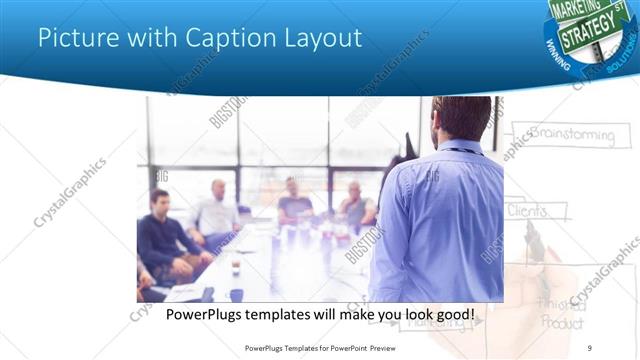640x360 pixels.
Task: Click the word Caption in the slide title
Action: click(218, 39)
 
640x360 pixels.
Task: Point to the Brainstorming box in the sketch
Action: click(570, 134)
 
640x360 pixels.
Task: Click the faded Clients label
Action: click(527, 211)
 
